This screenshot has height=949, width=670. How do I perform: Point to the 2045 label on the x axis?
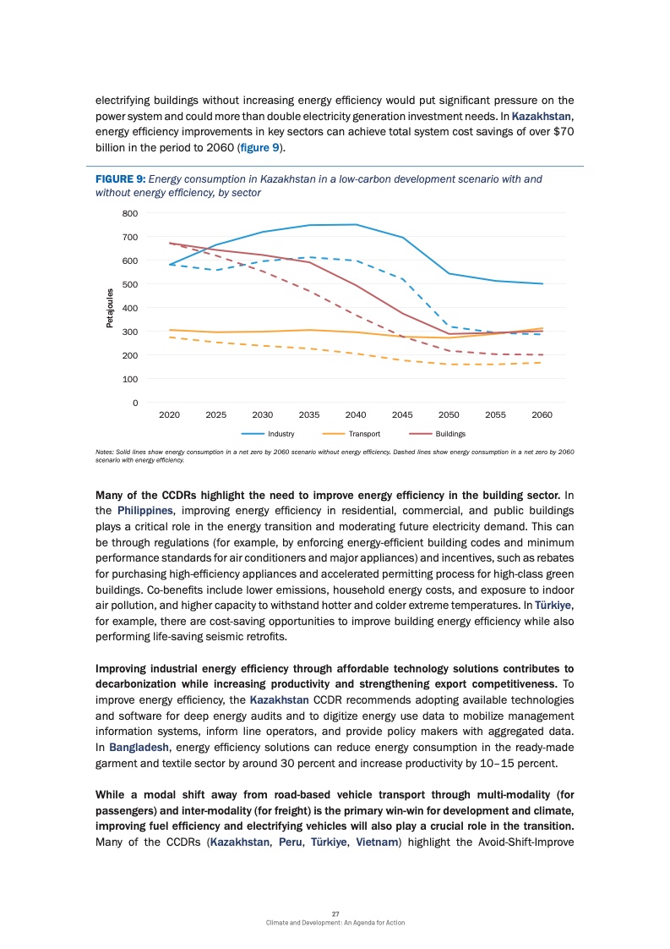[x=402, y=415]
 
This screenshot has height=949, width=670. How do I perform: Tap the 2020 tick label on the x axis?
[x=169, y=415]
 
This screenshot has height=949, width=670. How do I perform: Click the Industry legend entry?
[x=281, y=434]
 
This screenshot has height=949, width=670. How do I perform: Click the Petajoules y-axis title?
[x=110, y=308]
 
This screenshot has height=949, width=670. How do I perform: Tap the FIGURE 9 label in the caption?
[x=120, y=179]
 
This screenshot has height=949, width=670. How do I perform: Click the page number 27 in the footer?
[x=335, y=913]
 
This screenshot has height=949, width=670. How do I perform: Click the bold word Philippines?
[x=144, y=510]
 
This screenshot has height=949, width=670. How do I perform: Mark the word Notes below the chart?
[x=106, y=453]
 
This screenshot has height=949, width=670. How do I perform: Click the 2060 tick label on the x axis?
[x=542, y=415]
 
